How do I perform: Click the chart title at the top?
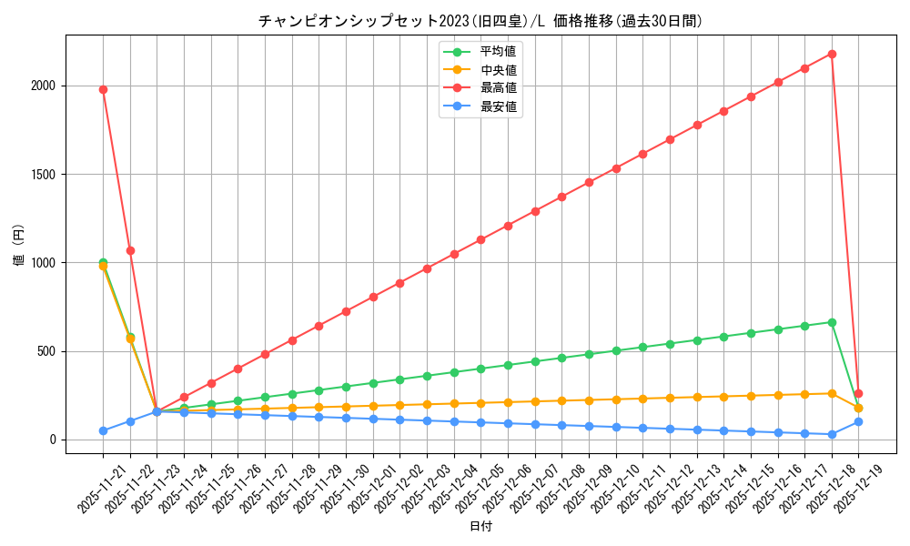(480, 21)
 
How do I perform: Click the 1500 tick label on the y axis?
(45, 175)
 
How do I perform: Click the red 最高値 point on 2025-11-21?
(103, 89)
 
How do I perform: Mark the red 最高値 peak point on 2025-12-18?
(832, 54)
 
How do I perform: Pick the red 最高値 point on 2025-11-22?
(130, 250)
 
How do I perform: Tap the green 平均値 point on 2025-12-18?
(832, 322)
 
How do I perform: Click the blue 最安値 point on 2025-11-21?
(103, 430)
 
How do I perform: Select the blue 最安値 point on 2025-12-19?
(858, 421)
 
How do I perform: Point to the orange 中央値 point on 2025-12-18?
(832, 393)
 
